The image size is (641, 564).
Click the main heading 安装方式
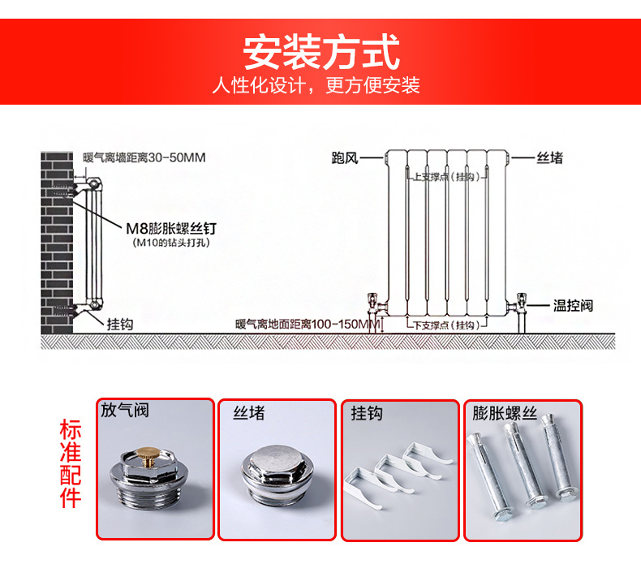point(321,52)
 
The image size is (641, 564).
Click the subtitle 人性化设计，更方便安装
point(316,85)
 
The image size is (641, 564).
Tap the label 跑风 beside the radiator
point(345,158)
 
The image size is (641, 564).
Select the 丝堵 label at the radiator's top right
point(550,158)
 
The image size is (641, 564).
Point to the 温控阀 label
point(573,305)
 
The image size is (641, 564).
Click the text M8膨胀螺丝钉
point(171,229)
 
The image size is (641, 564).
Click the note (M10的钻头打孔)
point(171,243)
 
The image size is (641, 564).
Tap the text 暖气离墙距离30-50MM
point(144,157)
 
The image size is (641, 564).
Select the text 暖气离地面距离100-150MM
point(308,325)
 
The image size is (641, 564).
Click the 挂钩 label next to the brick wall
point(120,325)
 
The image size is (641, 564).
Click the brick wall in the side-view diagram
point(57,243)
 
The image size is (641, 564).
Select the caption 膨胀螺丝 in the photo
point(505,413)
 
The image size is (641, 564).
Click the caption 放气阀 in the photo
point(125,410)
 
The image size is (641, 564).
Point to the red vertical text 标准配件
point(71,463)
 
